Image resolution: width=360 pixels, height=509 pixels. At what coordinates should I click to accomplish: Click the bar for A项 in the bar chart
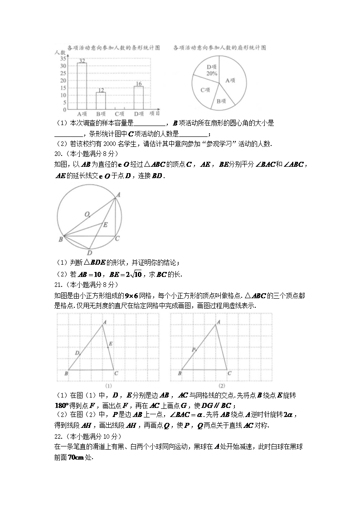(x=82, y=86)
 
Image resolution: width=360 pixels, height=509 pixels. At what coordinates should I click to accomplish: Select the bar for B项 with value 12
(x=101, y=101)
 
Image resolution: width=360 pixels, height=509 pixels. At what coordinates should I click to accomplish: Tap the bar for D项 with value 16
(x=139, y=97)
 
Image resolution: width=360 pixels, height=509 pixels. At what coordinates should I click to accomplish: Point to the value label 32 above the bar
(x=82, y=61)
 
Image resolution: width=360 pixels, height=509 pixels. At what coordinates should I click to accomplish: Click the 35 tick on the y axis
(x=63, y=58)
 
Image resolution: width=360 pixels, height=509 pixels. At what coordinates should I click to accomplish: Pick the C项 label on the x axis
(x=120, y=114)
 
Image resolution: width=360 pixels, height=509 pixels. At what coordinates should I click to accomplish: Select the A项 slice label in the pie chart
(x=230, y=80)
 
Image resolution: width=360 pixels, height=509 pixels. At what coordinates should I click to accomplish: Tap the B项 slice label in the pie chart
(x=221, y=102)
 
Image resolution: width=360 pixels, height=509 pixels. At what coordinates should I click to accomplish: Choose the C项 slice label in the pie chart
(x=205, y=90)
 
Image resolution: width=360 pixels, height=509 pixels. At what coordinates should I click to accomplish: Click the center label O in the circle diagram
(x=86, y=213)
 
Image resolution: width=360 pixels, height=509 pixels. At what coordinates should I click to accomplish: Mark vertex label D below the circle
(x=90, y=252)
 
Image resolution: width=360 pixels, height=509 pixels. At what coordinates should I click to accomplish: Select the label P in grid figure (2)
(x=194, y=349)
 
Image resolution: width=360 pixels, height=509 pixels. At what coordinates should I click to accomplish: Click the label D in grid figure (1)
(x=77, y=353)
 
